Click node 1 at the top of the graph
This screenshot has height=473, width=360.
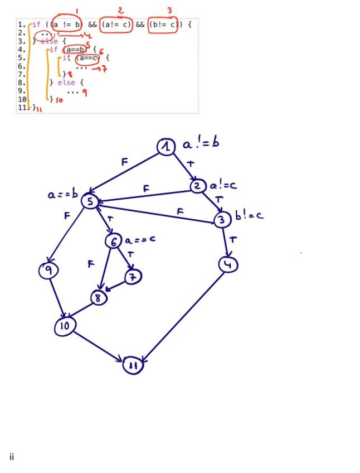pyautogui.click(x=166, y=147)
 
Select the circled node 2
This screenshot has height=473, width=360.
pyautogui.click(x=198, y=186)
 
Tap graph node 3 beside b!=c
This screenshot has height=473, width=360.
pyautogui.click(x=222, y=220)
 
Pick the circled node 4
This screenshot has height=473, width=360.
pyautogui.click(x=228, y=264)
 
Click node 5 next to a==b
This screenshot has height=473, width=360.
pyautogui.click(x=90, y=201)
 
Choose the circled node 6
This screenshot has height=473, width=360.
pyautogui.click(x=114, y=241)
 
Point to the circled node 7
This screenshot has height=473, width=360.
pyautogui.click(x=133, y=276)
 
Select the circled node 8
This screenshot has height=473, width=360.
pyautogui.click(x=99, y=298)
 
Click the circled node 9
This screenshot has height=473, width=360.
pyautogui.click(x=48, y=271)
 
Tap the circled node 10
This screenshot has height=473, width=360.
pyautogui.click(x=65, y=326)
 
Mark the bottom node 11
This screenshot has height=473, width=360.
pyautogui.click(x=133, y=365)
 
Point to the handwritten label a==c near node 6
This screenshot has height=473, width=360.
pyautogui.click(x=140, y=240)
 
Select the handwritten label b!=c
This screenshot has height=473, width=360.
pyautogui.click(x=249, y=215)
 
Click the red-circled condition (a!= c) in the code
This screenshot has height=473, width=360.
pyautogui.click(x=116, y=25)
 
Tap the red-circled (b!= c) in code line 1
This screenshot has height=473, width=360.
pyautogui.click(x=163, y=25)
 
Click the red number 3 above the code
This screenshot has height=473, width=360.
pyautogui.click(x=169, y=10)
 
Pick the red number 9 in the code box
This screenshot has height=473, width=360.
pyautogui.click(x=84, y=93)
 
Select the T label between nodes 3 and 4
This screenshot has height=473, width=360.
pyautogui.click(x=233, y=240)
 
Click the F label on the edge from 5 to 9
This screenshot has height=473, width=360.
pyautogui.click(x=67, y=215)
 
